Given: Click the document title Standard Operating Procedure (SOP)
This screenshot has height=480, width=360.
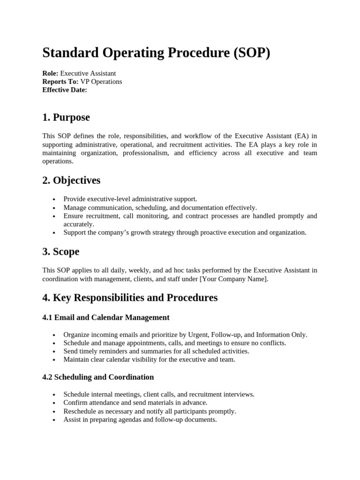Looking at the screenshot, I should [x=156, y=52].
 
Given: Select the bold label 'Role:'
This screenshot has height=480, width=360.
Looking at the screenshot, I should [x=50, y=73].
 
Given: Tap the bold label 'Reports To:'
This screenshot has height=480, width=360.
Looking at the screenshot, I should [x=60, y=82].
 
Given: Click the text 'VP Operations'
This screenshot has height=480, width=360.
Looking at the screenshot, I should [x=101, y=82].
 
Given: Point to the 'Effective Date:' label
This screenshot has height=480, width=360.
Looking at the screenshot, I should [x=65, y=90].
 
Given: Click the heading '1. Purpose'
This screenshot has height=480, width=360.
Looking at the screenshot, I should [x=66, y=117].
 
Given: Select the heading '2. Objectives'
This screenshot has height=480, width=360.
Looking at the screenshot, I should [x=71, y=180].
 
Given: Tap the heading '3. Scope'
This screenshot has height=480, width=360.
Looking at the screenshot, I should [x=61, y=251].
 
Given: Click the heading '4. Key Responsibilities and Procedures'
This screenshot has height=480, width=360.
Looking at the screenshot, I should [x=130, y=297].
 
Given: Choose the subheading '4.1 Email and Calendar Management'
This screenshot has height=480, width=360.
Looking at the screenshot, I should [x=106, y=317].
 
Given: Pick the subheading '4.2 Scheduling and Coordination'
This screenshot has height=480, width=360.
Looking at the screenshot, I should [x=98, y=377].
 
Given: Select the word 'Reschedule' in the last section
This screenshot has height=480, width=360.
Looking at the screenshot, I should [x=81, y=411].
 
